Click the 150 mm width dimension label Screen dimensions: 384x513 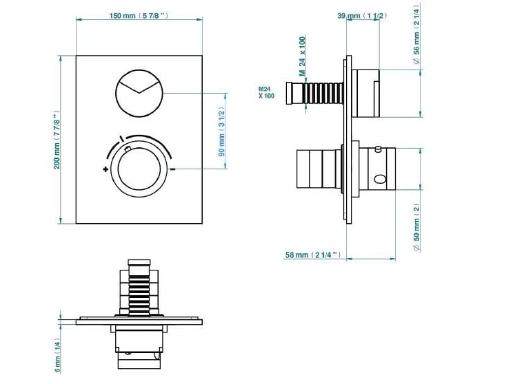(x=138, y=16)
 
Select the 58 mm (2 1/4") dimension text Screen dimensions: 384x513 (x=312, y=255)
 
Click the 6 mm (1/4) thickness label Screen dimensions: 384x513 (x=58, y=356)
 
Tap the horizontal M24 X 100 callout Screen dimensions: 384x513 (x=266, y=92)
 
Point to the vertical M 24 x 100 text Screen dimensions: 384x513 (x=301, y=56)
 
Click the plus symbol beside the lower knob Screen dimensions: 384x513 (x=105, y=169)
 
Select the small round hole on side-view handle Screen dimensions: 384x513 (x=378, y=180)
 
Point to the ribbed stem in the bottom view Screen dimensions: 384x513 (x=140, y=289)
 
